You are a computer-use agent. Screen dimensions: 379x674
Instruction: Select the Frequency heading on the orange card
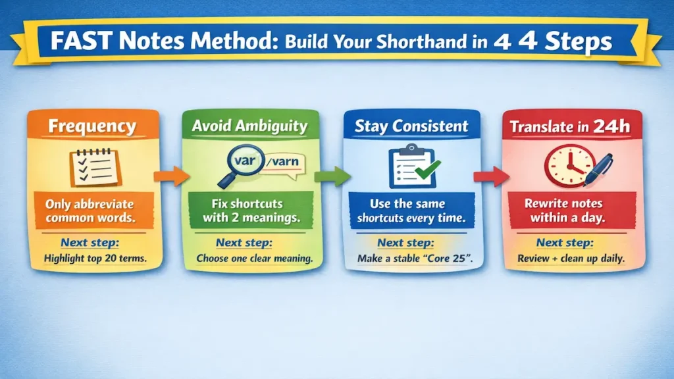click(x=92, y=126)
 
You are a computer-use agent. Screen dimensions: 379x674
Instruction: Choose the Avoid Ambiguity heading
click(x=250, y=126)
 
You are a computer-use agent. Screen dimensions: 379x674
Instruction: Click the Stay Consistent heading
click(x=412, y=126)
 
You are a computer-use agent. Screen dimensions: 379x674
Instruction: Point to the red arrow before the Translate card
click(x=491, y=176)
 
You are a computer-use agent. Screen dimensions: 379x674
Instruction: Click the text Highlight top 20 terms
click(x=95, y=259)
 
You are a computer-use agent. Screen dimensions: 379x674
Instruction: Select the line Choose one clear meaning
click(x=254, y=259)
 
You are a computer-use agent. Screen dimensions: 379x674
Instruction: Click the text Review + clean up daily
click(x=571, y=259)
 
